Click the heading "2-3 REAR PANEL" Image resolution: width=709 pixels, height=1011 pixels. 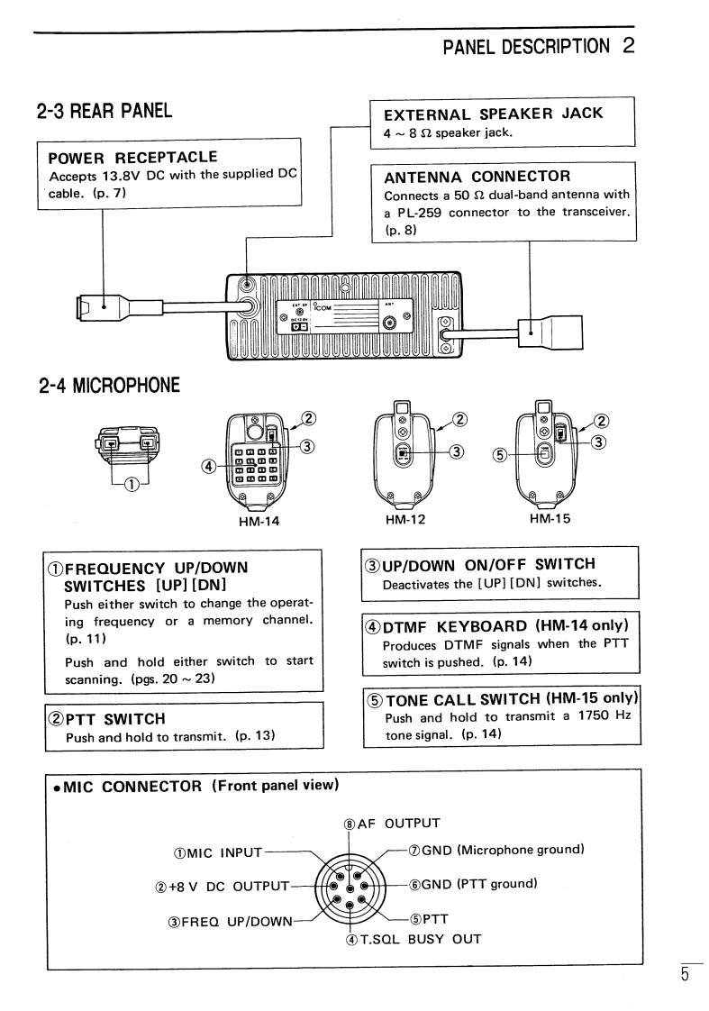[x=105, y=113]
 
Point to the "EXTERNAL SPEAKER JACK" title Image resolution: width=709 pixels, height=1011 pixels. [x=493, y=114]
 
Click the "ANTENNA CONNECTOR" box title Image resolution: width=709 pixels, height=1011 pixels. [x=477, y=178]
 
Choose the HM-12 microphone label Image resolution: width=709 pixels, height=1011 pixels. [x=404, y=519]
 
